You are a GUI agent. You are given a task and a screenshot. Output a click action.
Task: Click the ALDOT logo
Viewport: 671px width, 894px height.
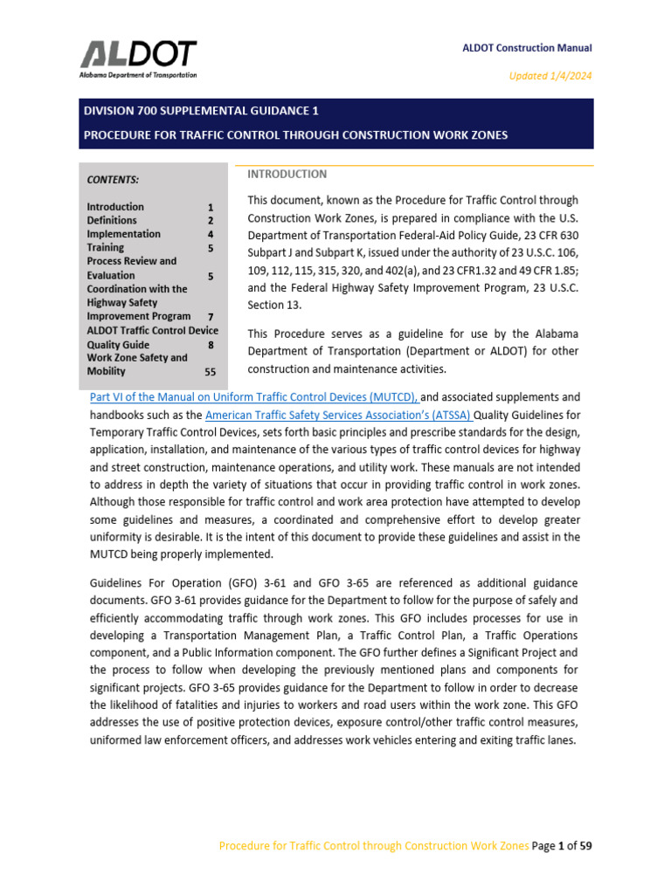click(139, 58)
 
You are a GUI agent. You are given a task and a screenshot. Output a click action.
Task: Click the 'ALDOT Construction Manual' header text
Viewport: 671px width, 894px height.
click(527, 49)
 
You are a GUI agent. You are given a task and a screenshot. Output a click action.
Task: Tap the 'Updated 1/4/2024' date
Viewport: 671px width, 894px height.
click(550, 76)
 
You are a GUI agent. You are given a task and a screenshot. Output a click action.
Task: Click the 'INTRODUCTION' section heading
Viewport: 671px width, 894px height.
click(287, 175)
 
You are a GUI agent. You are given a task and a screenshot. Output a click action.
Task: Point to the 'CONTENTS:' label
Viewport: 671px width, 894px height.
click(113, 180)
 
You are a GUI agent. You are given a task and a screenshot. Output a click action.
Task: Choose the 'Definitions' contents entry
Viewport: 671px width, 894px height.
click(112, 221)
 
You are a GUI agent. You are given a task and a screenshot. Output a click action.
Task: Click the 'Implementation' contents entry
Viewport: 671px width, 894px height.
click(123, 234)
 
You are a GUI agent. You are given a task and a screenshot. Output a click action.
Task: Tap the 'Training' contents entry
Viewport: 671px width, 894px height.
click(105, 248)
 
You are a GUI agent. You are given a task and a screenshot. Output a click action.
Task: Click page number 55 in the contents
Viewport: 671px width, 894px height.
click(210, 372)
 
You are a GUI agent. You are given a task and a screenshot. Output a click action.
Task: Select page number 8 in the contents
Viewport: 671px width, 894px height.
click(211, 345)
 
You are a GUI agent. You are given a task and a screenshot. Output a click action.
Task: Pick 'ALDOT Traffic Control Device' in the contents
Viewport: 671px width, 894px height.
click(152, 331)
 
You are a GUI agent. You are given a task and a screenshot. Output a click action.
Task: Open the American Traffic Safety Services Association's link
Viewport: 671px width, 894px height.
click(338, 415)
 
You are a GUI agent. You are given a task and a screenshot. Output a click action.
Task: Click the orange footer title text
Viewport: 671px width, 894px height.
click(373, 845)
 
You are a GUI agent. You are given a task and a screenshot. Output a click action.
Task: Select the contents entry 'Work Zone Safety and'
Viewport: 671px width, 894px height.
click(137, 358)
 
